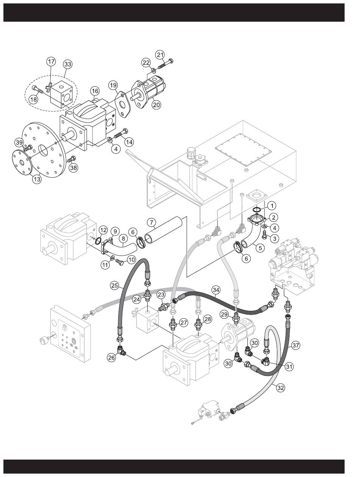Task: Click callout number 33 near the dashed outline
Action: tap(67, 64)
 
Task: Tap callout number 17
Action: tap(51, 61)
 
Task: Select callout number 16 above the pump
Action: tap(94, 91)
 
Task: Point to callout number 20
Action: tap(156, 105)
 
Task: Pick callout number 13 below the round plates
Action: tap(37, 179)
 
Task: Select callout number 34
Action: tap(216, 290)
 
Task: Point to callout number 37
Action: tap(296, 345)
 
